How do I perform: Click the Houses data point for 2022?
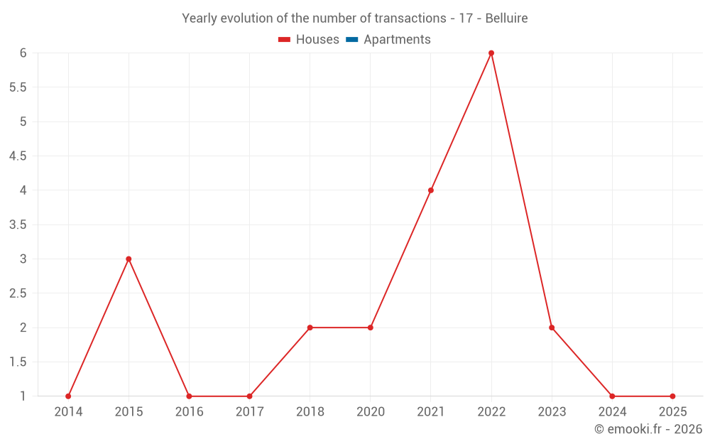click(491, 53)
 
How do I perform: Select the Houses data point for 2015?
click(129, 259)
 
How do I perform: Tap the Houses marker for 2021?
click(431, 190)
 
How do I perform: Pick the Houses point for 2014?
click(68, 396)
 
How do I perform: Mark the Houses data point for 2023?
click(552, 327)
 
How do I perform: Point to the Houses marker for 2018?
click(310, 327)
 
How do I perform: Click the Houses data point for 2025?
click(672, 396)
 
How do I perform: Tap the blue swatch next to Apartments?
click(351, 40)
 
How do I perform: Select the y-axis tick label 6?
click(23, 53)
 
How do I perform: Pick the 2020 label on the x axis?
click(371, 412)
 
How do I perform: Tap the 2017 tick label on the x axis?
click(249, 412)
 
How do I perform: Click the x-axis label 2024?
click(612, 412)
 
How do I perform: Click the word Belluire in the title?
click(506, 18)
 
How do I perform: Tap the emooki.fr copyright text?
click(648, 429)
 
